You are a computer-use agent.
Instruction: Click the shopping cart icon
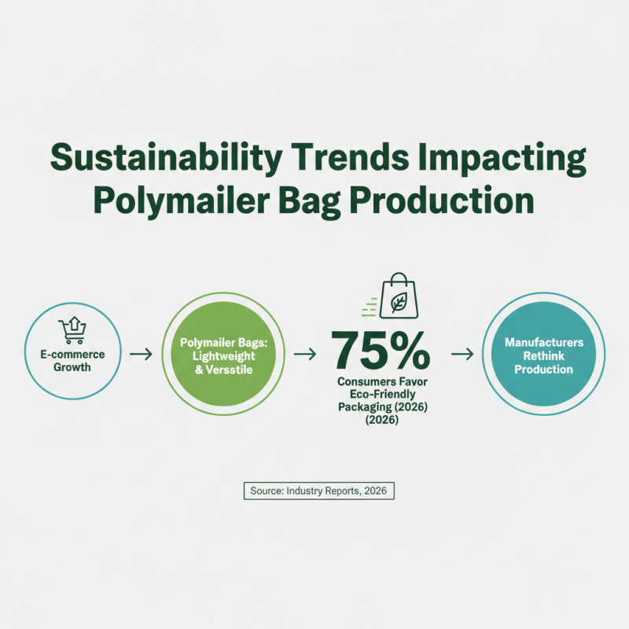pyautogui.click(x=72, y=329)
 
